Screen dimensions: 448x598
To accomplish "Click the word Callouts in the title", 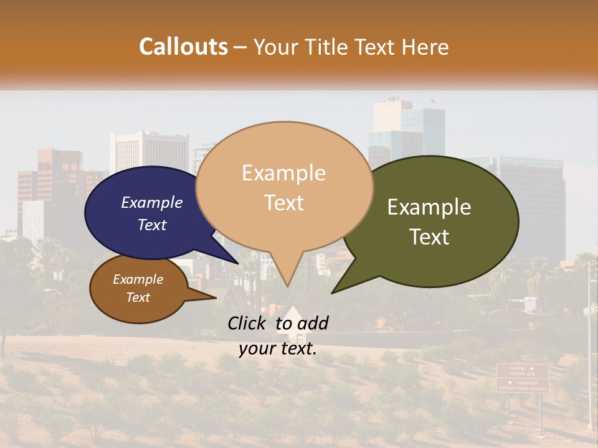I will coord(183,47).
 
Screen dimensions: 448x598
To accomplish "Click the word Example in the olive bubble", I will coord(429,207).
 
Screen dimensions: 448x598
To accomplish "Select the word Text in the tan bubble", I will coord(284,203).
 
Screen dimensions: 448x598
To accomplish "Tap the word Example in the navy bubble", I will coord(152,202).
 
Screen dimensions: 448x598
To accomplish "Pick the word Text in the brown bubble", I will coord(138,297).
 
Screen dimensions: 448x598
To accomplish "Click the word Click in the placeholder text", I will coord(249,323).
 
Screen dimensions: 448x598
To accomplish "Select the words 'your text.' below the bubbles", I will coord(278,348).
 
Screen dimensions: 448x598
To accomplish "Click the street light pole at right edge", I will coord(589,348).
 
